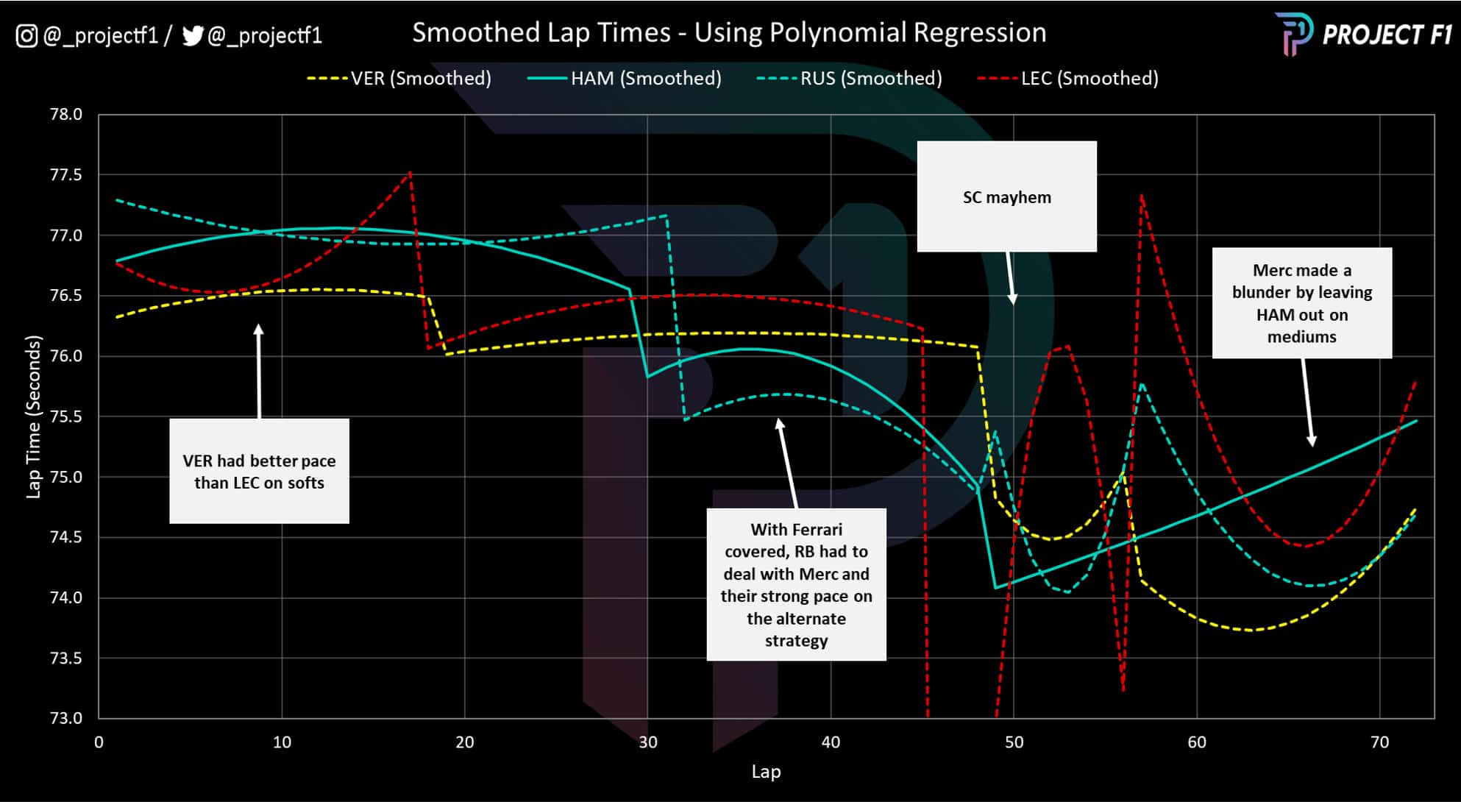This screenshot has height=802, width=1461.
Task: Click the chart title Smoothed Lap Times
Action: pos(728,33)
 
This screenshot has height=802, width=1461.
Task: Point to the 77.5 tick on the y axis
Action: pos(65,175)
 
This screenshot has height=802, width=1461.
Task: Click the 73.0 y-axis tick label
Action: pos(65,718)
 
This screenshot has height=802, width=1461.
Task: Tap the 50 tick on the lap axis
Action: pos(1013,742)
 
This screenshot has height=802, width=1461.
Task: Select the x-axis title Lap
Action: pos(766,771)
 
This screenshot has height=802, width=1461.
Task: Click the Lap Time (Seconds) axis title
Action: pos(33,416)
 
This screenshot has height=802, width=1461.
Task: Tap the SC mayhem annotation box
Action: pos(1006,196)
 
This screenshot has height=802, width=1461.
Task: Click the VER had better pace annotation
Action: pos(259,472)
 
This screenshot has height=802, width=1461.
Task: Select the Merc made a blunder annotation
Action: pos(1301,303)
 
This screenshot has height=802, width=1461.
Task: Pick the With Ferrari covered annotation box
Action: pos(796,584)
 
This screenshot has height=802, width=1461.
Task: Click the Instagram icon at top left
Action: pos(26,35)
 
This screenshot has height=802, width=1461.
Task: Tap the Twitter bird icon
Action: pos(192,35)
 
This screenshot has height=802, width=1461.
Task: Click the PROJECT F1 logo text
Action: pos(1387,35)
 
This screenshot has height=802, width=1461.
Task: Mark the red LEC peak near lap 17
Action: pos(410,172)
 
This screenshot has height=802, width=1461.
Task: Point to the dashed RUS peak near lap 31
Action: pos(666,216)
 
